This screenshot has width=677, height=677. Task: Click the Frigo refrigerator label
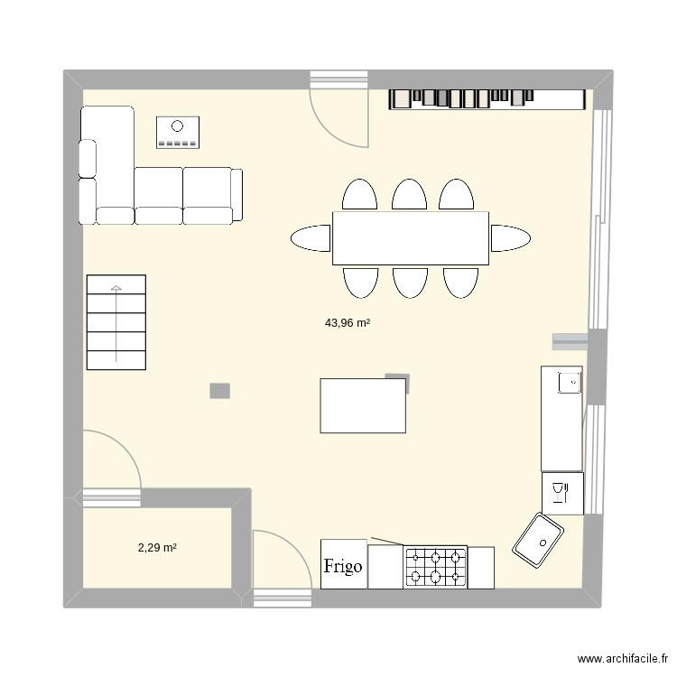[343, 566]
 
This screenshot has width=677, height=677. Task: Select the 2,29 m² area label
[156, 547]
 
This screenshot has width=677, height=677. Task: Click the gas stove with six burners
[436, 566]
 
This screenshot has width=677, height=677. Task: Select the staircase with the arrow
[116, 322]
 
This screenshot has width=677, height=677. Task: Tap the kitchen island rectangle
[362, 406]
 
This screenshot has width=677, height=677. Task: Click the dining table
[411, 237]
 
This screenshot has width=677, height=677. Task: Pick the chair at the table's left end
[311, 238]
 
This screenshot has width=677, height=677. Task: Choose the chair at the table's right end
[510, 238]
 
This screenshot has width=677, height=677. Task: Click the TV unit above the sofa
[178, 132]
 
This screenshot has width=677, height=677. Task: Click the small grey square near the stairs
[219, 390]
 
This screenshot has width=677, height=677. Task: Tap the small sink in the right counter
[570, 383]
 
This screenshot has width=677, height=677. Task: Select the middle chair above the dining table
[409, 195]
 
